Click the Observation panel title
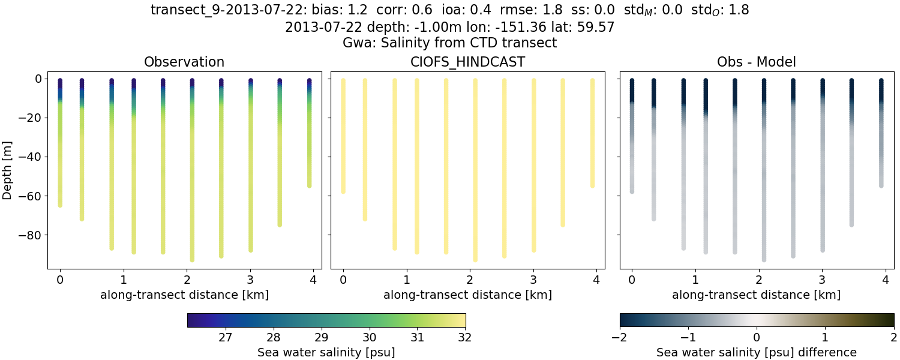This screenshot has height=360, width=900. [184, 62]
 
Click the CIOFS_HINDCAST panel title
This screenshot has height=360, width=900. [467, 62]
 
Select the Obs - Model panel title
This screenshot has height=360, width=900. [756, 62]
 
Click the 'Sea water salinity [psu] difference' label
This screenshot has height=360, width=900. [757, 352]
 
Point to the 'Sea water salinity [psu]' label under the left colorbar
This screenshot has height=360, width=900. [326, 352]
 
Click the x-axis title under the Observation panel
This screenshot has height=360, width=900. [184, 295]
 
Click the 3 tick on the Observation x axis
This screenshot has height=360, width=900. [250, 280]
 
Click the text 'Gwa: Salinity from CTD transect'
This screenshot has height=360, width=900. [449, 43]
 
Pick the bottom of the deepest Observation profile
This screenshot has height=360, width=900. [192, 259]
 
